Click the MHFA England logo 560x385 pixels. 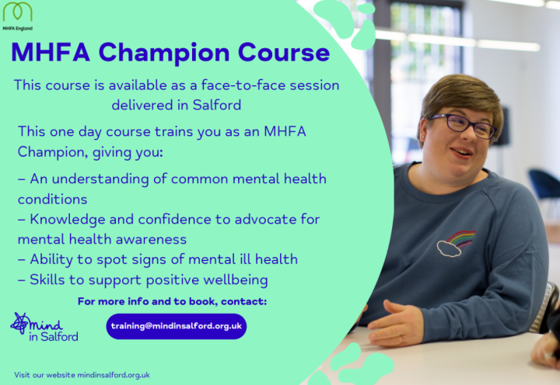click(x=17, y=16)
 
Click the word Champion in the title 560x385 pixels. click(x=164, y=53)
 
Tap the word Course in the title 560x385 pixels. click(x=284, y=53)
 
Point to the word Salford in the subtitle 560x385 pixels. click(x=217, y=105)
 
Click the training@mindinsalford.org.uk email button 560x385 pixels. click(x=177, y=326)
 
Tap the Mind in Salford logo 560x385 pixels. click(x=44, y=328)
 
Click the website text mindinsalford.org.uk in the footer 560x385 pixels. click(x=114, y=375)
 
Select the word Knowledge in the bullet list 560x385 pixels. click(x=68, y=220)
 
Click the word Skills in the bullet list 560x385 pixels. click(x=47, y=279)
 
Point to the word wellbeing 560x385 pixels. click(x=236, y=280)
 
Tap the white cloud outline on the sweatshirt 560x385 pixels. click(x=449, y=248)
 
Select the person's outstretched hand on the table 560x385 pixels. click(x=396, y=324)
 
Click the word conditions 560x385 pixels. click(x=53, y=199)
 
